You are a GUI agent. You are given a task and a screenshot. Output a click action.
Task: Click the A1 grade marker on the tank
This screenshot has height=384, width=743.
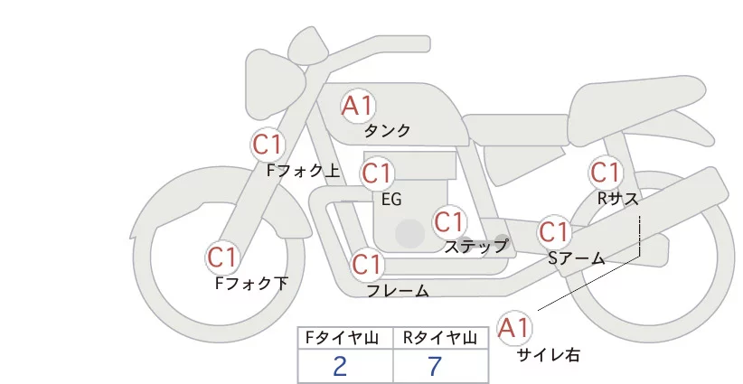click(357, 106)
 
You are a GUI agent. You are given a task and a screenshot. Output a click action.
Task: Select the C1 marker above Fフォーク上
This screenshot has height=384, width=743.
click(268, 144)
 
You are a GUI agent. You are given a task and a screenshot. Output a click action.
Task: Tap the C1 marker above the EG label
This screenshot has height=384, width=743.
click(377, 173)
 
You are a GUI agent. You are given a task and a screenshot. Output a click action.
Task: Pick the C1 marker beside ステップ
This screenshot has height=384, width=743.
click(449, 221)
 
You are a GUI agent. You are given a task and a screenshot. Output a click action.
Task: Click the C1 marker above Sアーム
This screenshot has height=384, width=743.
click(554, 231)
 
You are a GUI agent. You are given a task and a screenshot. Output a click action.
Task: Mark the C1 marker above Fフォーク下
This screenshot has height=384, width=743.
click(222, 258)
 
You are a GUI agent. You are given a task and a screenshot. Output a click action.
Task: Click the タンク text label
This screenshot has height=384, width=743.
click(388, 130)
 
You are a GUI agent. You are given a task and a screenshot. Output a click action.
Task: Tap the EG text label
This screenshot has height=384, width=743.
click(391, 199)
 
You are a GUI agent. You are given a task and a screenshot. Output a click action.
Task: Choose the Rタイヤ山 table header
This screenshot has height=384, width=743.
click(440, 338)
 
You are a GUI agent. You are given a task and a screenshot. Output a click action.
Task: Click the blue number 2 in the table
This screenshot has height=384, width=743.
click(340, 366)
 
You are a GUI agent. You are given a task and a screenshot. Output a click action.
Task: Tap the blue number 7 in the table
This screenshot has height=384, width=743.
click(436, 366)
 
